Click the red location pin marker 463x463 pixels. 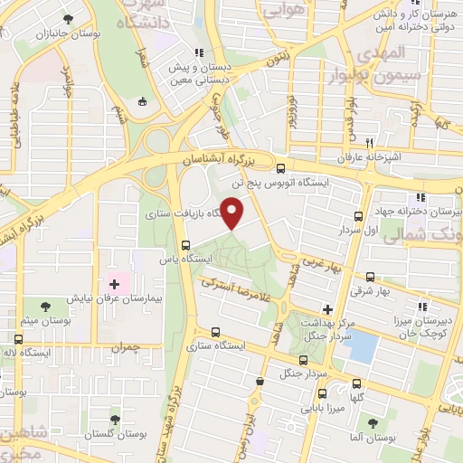[232, 213]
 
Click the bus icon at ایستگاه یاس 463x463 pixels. [185, 245]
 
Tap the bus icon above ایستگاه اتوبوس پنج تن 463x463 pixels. [280, 168]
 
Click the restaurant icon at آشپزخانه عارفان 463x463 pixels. [368, 144]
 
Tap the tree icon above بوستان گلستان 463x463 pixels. [115, 420]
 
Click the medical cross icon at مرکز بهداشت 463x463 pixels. [326, 309]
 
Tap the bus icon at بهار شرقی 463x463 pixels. [370, 278]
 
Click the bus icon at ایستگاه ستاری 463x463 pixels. [215, 332]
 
